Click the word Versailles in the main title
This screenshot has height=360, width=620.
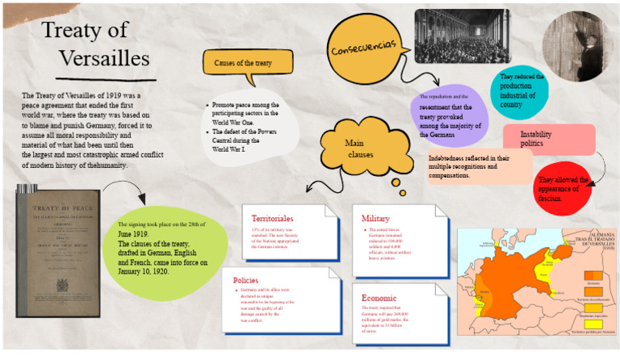104,58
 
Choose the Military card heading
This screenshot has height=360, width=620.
375,218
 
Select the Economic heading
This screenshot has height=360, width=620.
379,297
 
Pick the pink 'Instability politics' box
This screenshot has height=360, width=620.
547,139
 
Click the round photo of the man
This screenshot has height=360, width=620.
576,45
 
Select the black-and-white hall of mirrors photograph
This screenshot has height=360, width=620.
461,37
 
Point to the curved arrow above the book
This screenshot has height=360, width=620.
125,192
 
